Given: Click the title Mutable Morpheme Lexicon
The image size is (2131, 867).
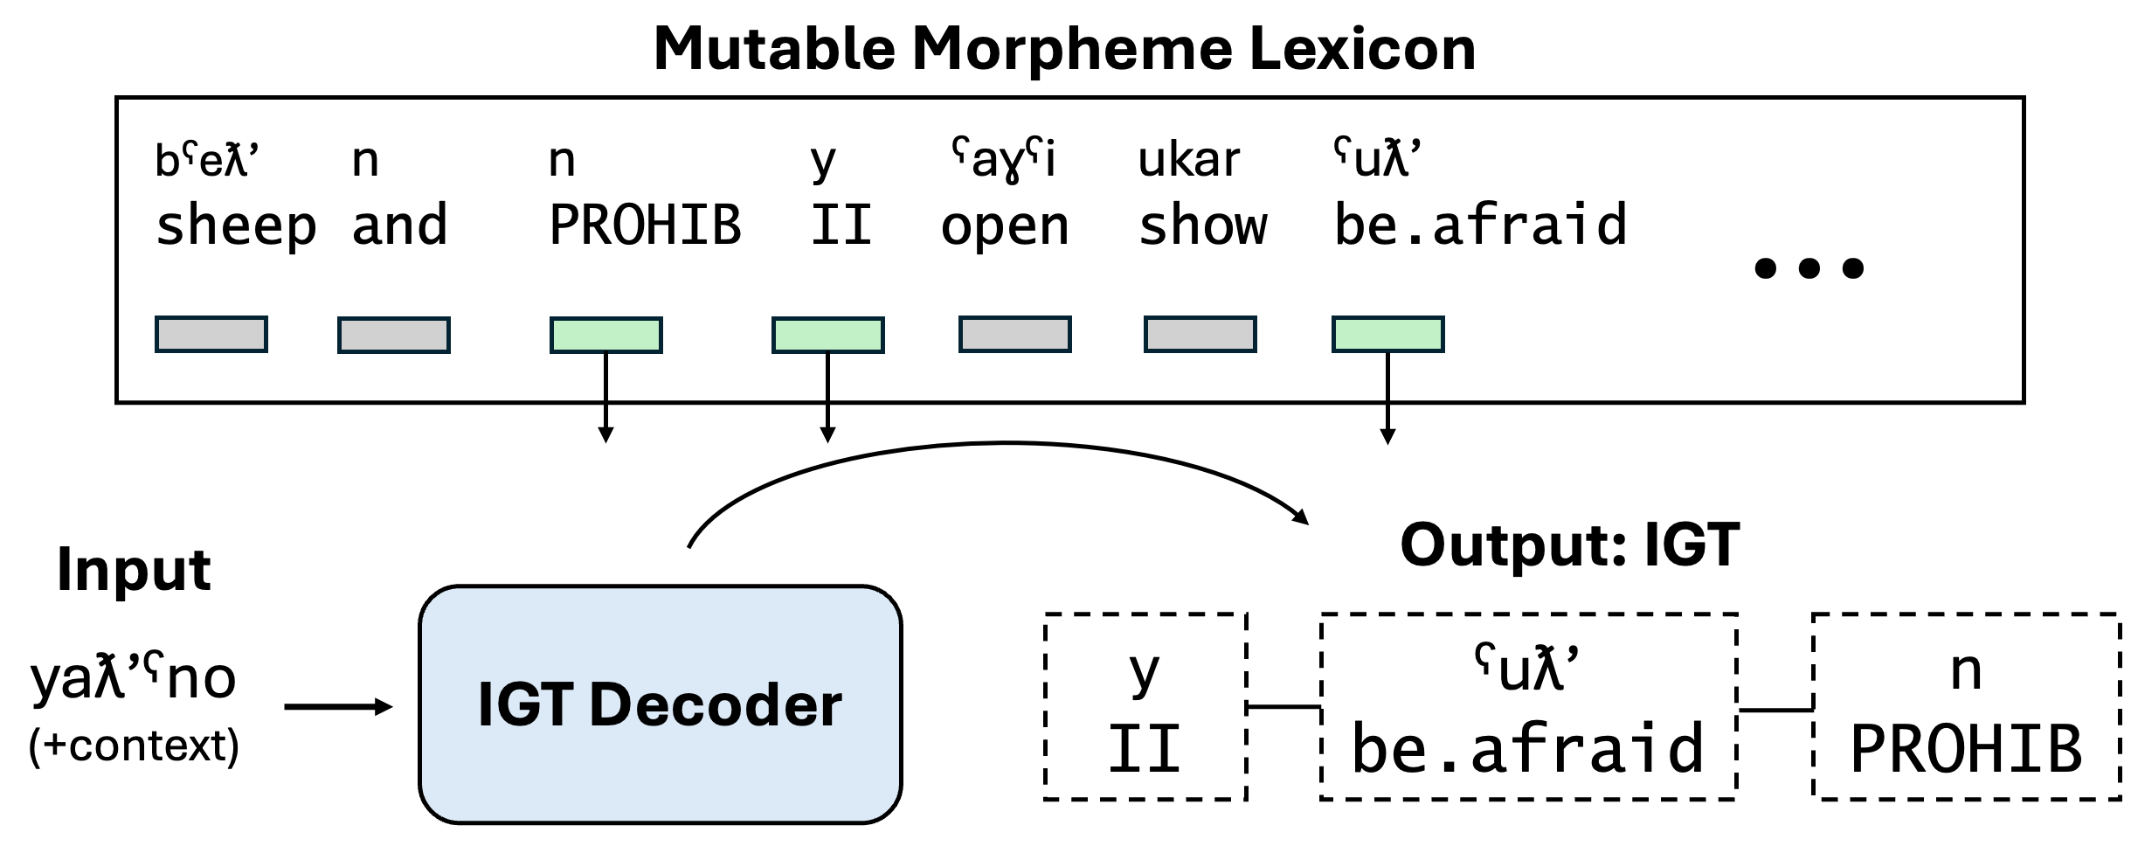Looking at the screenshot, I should pyautogui.click(x=1064, y=48).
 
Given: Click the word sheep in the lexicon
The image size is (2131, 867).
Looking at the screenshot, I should pyautogui.click(x=236, y=225).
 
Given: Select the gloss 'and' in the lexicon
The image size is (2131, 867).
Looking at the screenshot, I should pyautogui.click(x=399, y=225).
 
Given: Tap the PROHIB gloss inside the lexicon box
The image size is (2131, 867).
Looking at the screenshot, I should pyautogui.click(x=645, y=225).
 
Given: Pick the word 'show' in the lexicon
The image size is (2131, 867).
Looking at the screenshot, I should pyautogui.click(x=1202, y=225).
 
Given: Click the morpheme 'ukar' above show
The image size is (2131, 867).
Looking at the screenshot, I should pyautogui.click(x=1188, y=160).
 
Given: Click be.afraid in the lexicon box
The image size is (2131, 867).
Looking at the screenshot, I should pyautogui.click(x=1480, y=225).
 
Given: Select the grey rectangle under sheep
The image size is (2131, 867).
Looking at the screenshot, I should pyautogui.click(x=211, y=335).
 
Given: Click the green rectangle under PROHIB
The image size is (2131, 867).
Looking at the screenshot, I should pyautogui.click(x=605, y=335).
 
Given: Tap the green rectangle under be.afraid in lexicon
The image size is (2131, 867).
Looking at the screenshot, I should pyautogui.click(x=1387, y=335).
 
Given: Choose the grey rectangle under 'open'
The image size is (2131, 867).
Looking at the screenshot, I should pyautogui.click(x=1014, y=335).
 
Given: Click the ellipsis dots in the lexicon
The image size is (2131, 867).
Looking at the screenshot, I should pyautogui.click(x=1809, y=267).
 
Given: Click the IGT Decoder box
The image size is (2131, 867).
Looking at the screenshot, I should pyautogui.click(x=660, y=704).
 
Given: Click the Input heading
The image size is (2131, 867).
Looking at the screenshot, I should pyautogui.click(x=134, y=570).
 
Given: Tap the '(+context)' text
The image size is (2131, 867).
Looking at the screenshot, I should pyautogui.click(x=134, y=746).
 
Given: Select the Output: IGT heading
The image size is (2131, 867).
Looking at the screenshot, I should pyautogui.click(x=1569, y=545).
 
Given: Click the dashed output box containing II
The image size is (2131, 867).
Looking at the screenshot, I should pyautogui.click(x=1145, y=706).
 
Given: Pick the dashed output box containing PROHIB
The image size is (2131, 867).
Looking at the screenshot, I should pyautogui.click(x=1966, y=706).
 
